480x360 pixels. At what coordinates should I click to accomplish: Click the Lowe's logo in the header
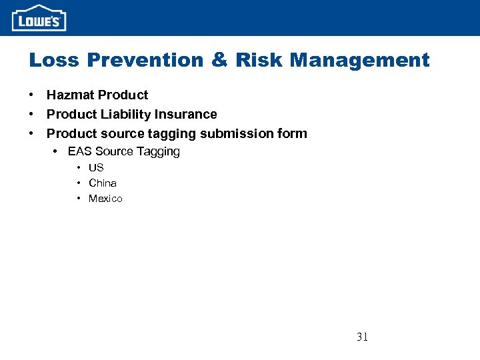[x=39, y=18]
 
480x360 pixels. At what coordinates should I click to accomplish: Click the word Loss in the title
[x=53, y=60]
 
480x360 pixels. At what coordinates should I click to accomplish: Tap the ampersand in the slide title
[x=219, y=60]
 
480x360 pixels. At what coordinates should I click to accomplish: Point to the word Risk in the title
[x=258, y=60]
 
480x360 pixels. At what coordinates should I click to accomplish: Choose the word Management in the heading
[x=360, y=60]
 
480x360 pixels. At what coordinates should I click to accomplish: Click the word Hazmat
[x=70, y=95]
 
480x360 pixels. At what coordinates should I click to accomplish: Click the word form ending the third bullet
[x=294, y=133]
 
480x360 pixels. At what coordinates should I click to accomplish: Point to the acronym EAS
[x=80, y=151]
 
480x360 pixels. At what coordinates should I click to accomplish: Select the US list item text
[x=96, y=168]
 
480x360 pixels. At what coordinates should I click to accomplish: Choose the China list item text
[x=103, y=183]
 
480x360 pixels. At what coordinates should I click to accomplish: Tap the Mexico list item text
[x=105, y=199]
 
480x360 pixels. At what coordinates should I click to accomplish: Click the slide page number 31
[x=362, y=337]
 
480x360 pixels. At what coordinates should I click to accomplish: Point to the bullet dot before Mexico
[x=79, y=199]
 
